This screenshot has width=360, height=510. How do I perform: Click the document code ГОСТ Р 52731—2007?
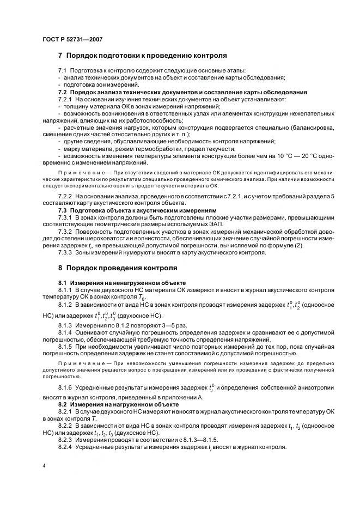72,39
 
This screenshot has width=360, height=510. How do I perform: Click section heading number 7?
60,56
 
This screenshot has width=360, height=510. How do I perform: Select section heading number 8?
60,269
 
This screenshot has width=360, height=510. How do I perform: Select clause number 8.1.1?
65,291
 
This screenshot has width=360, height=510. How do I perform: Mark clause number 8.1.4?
65,332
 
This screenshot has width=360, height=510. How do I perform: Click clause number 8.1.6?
65,387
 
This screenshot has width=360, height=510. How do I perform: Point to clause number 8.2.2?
65,426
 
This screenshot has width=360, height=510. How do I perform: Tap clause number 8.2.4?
65,447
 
